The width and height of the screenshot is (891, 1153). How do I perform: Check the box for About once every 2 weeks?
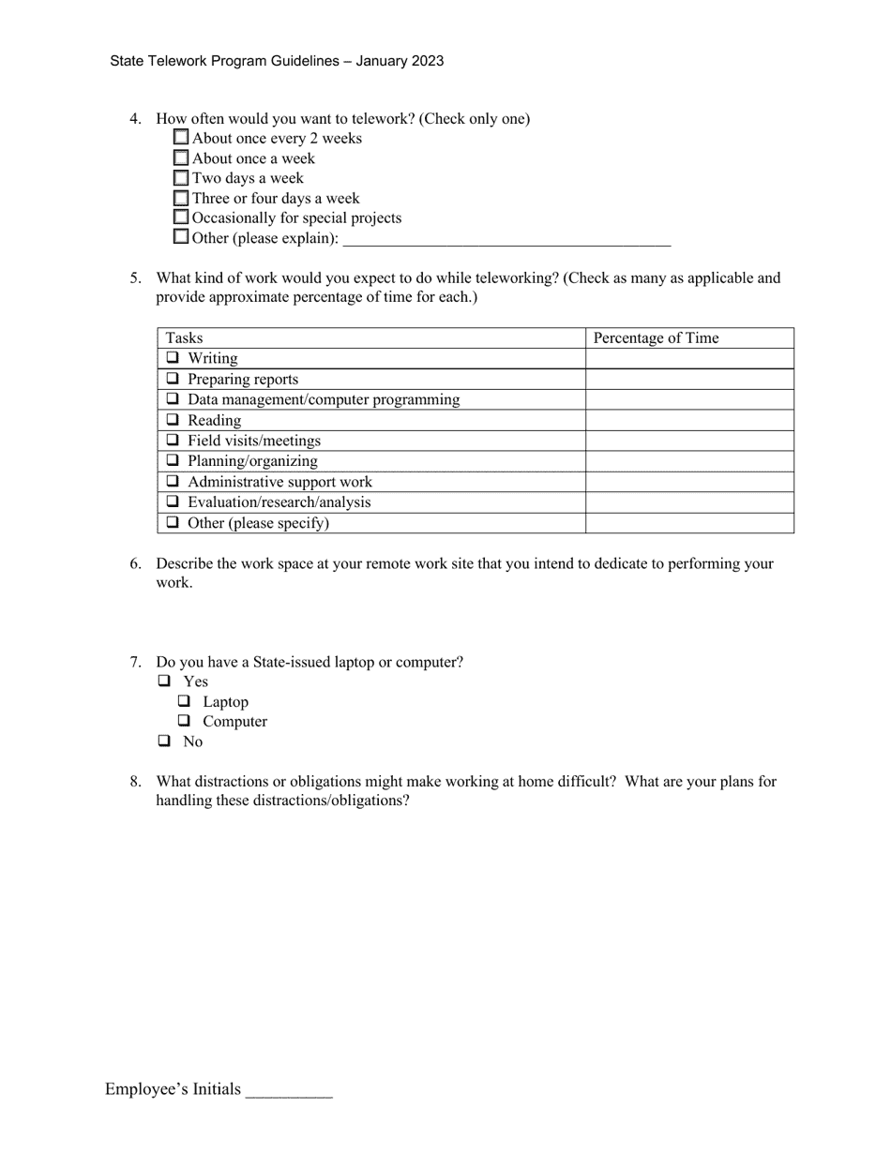tap(181, 138)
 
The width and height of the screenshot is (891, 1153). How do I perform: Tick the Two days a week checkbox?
tap(181, 178)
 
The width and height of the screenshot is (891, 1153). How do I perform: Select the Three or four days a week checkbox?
tap(181, 198)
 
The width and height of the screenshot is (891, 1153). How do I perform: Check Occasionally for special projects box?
tap(181, 217)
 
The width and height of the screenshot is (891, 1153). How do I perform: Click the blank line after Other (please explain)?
tap(506, 239)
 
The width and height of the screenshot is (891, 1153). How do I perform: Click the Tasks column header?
tap(184, 338)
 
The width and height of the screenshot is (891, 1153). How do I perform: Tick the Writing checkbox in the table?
tap(173, 358)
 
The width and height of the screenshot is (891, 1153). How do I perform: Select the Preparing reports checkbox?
tap(173, 379)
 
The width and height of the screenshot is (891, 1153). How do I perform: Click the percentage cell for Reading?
tap(689, 420)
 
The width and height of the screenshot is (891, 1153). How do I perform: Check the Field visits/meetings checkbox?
tap(173, 441)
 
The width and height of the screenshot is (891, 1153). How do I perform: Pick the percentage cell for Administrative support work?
tap(689, 482)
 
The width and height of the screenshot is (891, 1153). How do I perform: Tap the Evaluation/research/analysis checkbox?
tap(173, 502)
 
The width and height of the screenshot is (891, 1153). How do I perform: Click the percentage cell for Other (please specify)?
tap(689, 523)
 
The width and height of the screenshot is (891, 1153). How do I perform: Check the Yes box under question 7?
tap(165, 681)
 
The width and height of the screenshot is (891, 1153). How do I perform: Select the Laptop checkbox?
tap(185, 701)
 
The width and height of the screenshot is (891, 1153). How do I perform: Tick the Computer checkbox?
tap(185, 721)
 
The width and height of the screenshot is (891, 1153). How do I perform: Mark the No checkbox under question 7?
tap(165, 741)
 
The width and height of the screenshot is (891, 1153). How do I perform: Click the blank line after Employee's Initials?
tap(289, 1091)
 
